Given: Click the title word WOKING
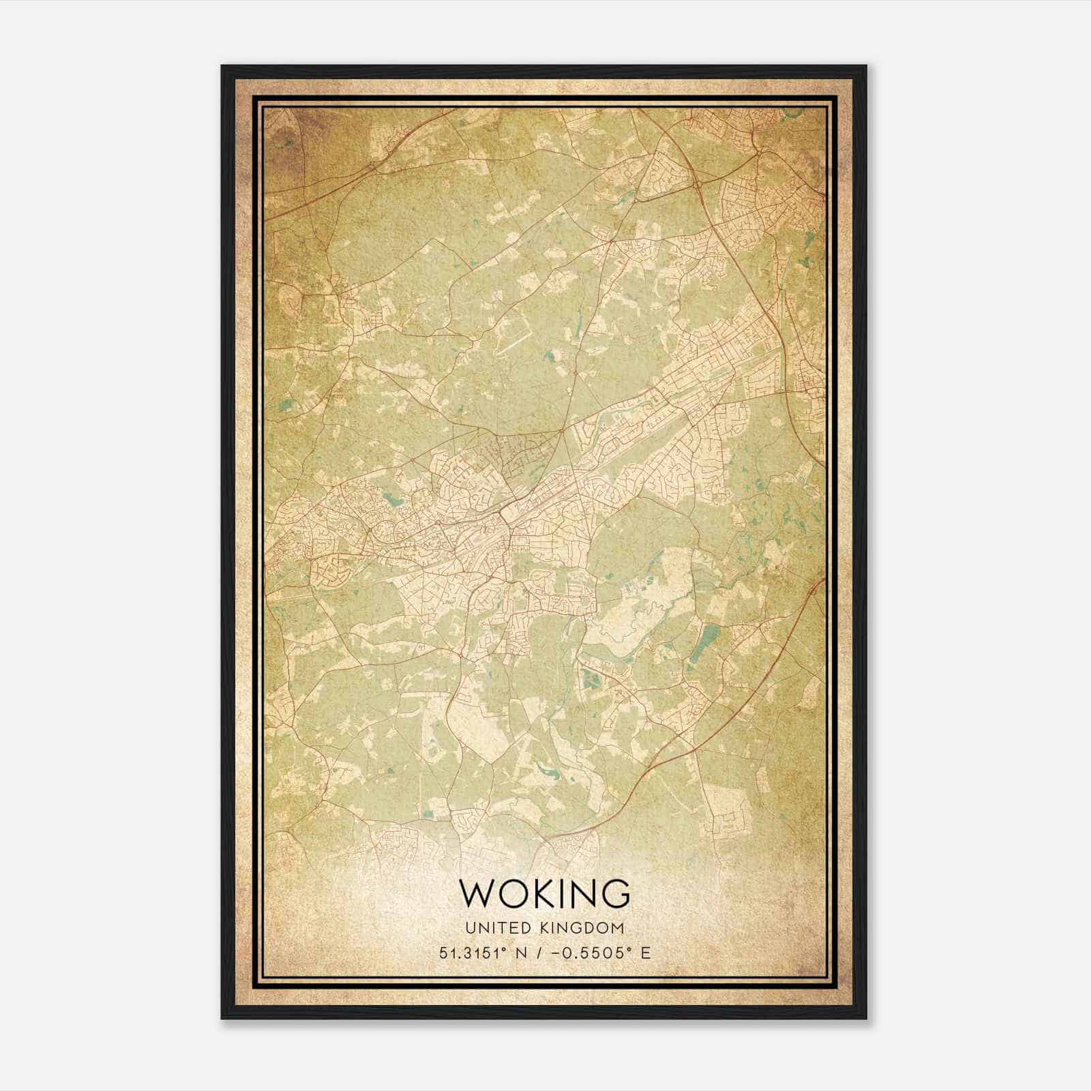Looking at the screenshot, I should (x=545, y=893).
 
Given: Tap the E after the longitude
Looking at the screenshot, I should (x=646, y=953).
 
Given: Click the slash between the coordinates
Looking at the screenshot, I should (x=539, y=953).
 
